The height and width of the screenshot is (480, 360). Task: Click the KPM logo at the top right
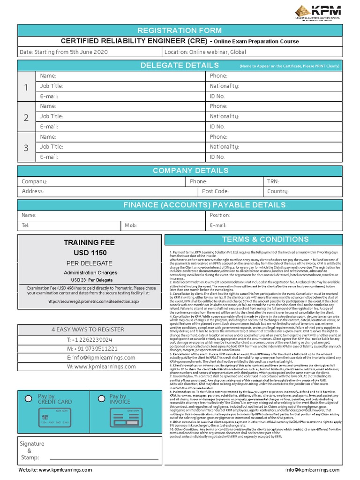click(318, 13)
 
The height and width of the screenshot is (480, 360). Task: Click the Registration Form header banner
click(180, 30)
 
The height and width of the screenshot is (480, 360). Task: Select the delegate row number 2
click(26, 117)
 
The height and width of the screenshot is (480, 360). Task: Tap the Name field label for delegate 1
click(48, 76)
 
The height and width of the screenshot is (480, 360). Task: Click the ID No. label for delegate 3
click(217, 157)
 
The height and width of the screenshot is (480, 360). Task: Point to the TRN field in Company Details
click(273, 181)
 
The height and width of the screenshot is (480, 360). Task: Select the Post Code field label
click(215, 191)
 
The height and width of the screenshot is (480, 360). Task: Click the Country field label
click(277, 191)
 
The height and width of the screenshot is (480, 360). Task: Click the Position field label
click(219, 215)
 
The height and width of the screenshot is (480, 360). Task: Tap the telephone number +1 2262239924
click(90, 339)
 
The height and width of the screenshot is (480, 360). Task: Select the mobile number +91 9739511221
click(90, 349)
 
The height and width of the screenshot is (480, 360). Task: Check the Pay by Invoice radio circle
click(101, 398)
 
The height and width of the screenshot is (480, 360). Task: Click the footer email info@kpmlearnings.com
click(312, 470)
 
